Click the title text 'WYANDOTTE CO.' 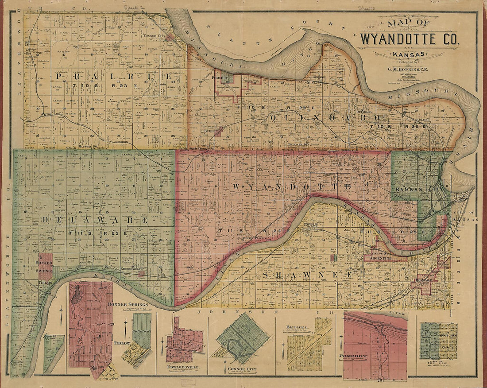pos(410,39)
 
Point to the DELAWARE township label pos(94,220)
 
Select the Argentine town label pos(378,258)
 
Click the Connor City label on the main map pos(155,35)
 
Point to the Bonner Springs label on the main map pos(44,266)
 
